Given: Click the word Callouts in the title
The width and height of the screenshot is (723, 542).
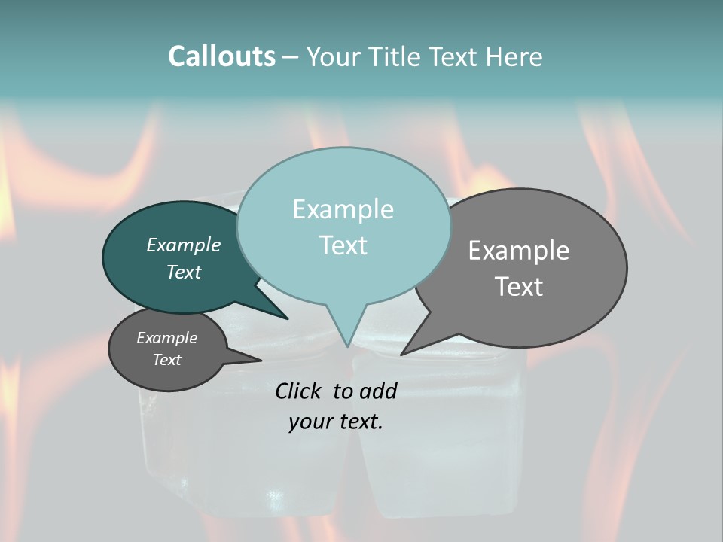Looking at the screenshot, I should tap(221, 56).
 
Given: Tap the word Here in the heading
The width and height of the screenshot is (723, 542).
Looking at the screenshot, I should tap(513, 56).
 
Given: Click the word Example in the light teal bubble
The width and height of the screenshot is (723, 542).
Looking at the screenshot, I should tap(343, 209).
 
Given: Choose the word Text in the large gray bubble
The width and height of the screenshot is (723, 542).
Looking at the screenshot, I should tap(519, 286).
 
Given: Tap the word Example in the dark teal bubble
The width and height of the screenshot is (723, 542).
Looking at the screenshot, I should tap(183, 245).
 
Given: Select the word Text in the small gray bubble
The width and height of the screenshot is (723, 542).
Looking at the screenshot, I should tap(166, 360).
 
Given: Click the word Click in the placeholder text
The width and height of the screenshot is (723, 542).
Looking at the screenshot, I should tap(299, 391).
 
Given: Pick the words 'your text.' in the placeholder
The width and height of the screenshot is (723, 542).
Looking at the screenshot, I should tap(336, 422).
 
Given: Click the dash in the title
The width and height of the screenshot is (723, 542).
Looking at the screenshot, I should tap(291, 56).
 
